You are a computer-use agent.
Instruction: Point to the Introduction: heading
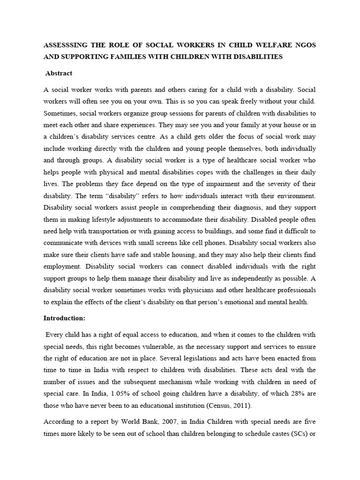point(64,318)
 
